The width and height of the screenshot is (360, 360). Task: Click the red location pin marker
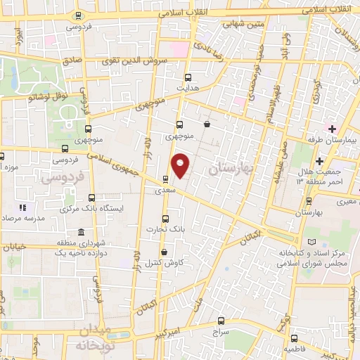pos(181,166)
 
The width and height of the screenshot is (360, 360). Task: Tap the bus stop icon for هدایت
pos(187,78)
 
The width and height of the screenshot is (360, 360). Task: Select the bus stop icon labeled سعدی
pos(165,179)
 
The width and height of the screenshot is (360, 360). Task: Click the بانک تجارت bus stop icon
pos(166,218)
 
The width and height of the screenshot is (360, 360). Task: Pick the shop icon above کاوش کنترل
pos(164,252)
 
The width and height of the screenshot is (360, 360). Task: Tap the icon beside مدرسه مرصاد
pos(22,208)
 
